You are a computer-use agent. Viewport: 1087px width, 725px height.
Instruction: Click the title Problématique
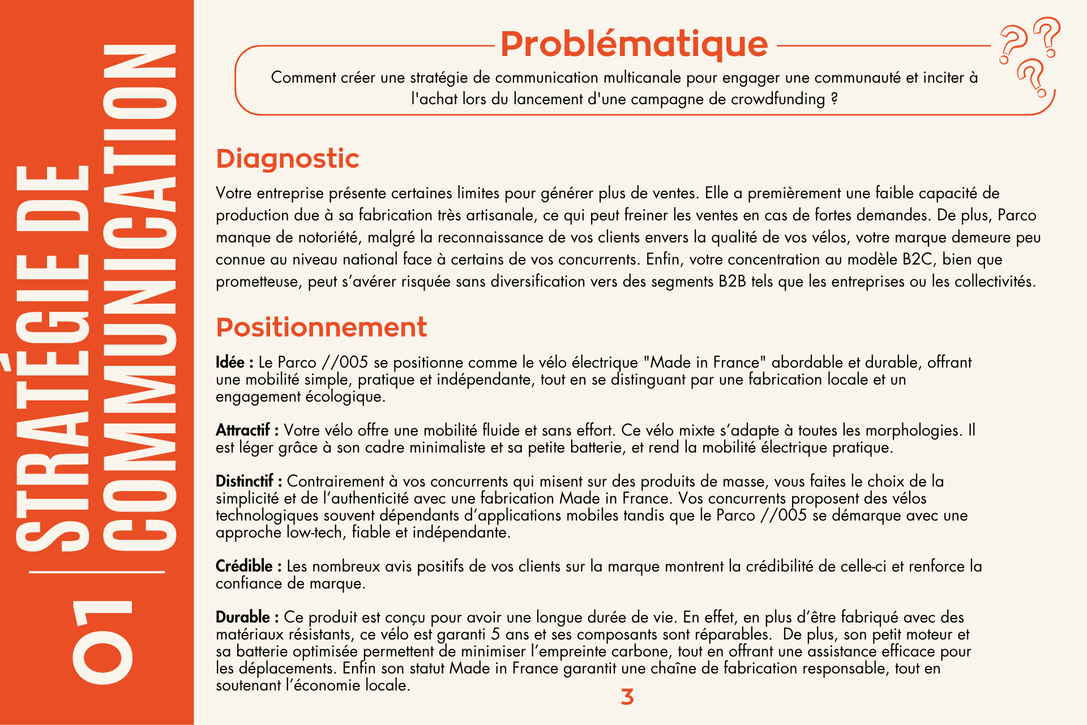634,44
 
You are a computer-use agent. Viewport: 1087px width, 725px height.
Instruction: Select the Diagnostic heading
288,159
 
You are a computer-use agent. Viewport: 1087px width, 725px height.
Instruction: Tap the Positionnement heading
322,327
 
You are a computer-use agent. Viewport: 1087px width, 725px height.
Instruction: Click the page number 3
627,697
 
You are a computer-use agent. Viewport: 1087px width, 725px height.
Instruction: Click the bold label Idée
230,362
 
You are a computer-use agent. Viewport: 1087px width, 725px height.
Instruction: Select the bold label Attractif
243,430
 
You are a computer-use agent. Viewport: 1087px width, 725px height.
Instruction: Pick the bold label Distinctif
245,481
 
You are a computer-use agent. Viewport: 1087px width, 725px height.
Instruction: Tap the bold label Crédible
245,566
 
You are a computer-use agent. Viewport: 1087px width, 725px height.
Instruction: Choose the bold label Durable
243,617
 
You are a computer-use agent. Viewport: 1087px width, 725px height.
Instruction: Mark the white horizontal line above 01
97,572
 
